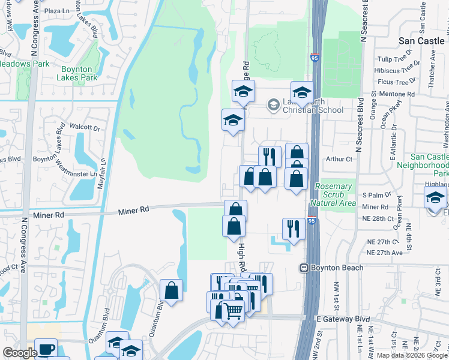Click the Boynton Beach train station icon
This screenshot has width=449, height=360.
click(x=305, y=268)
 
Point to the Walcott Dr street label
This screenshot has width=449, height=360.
click(x=84, y=127)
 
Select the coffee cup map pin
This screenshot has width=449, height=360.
click(x=46, y=349)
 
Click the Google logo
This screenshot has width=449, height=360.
click(x=19, y=353)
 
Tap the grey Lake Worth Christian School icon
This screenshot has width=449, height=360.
click(x=273, y=105)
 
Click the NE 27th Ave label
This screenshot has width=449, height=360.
click(x=385, y=253)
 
